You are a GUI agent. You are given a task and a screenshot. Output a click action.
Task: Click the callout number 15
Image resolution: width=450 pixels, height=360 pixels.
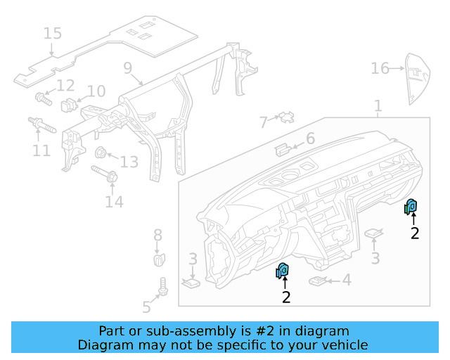pyautogui.click(x=52, y=33)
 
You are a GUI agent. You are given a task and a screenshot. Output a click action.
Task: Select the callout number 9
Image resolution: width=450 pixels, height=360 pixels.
pyautogui.click(x=127, y=68)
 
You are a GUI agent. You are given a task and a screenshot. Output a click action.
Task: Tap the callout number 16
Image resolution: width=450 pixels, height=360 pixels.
pyautogui.click(x=380, y=68)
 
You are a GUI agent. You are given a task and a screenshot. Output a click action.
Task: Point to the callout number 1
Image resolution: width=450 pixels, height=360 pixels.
pyautogui.click(x=378, y=106)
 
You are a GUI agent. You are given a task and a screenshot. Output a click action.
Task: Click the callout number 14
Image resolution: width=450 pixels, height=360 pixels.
pyautogui.click(x=114, y=202)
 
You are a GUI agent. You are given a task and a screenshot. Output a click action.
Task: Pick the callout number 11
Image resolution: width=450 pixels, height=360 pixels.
pyautogui.click(x=41, y=150)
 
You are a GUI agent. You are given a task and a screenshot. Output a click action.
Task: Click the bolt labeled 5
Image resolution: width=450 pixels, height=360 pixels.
pyautogui.click(x=163, y=287)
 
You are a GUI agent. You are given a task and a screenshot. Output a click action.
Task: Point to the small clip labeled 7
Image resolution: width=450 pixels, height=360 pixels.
pyautogui.click(x=286, y=117)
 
